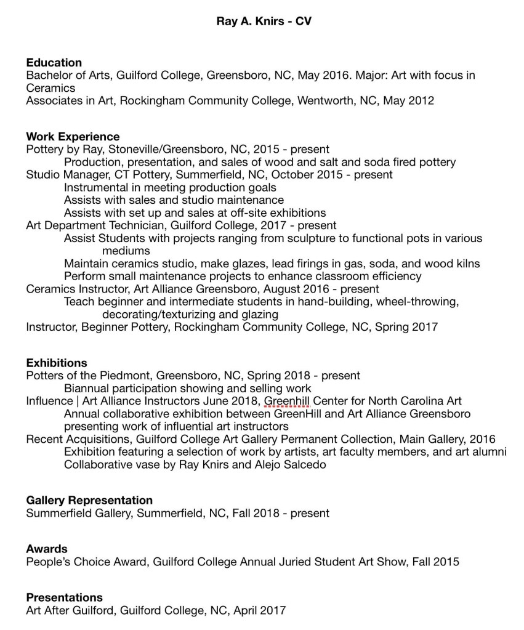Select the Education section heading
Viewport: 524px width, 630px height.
[x=54, y=63]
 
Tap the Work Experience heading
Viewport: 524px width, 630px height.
[x=73, y=137]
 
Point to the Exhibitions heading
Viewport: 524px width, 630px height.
[x=57, y=363]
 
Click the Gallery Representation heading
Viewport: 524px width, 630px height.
[x=89, y=500]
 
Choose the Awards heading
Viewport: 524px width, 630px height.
[x=47, y=549]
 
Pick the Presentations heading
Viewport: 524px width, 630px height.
[x=64, y=597]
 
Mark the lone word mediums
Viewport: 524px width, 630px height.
[x=126, y=251]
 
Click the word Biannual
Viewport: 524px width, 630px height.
[x=87, y=389]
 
